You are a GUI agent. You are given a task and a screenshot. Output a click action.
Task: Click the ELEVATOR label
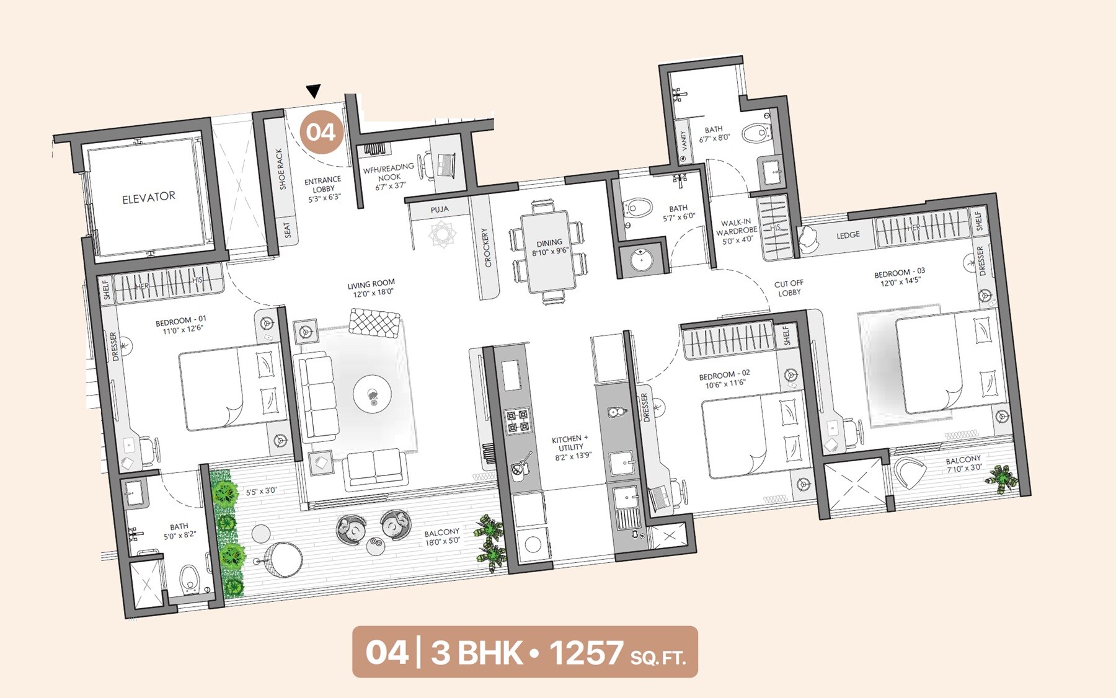coord(149,198)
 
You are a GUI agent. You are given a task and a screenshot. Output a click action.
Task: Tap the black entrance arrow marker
coord(314,92)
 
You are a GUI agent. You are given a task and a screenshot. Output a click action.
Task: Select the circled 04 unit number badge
coord(321,132)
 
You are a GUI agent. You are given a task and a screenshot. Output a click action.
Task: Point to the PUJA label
coord(440,210)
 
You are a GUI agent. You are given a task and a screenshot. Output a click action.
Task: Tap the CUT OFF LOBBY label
coord(789,288)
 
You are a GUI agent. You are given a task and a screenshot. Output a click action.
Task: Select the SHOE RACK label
coord(280,169)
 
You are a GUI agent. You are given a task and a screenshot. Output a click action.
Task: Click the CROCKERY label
coord(487,248)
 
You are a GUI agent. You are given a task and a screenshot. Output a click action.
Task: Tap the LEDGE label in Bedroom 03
coord(848,235)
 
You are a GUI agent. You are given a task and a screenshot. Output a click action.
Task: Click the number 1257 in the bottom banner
coord(586,653)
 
